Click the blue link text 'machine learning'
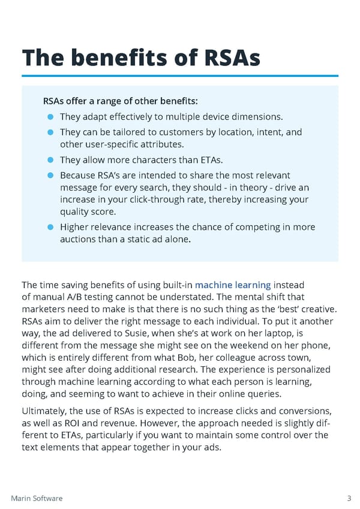233,285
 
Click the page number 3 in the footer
349,498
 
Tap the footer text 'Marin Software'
37,498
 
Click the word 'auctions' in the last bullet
77,239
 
